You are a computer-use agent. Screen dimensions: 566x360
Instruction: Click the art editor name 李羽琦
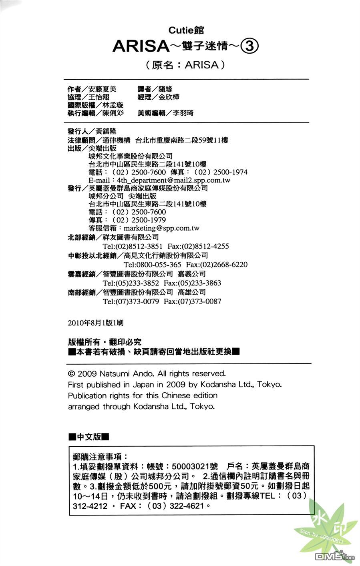click(x=183, y=113)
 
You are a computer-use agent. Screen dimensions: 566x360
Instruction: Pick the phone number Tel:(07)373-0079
click(x=131, y=301)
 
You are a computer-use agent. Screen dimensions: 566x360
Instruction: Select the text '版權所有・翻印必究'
click(x=105, y=342)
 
